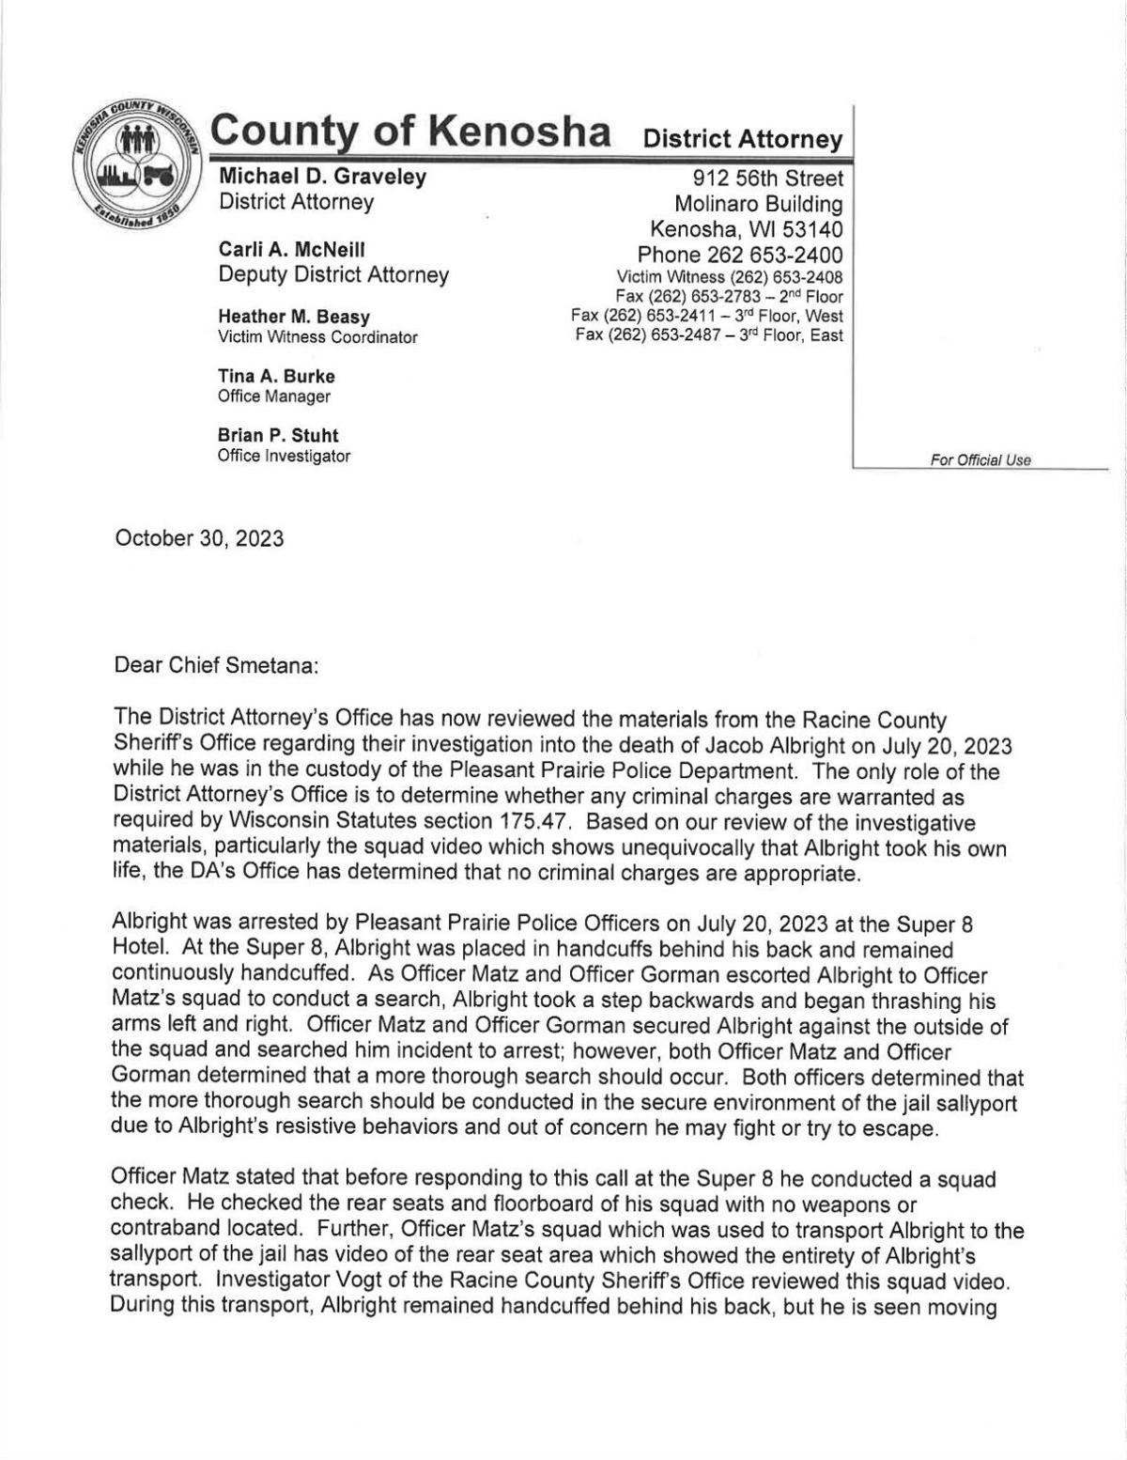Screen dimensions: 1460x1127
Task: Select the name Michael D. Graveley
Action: (x=322, y=176)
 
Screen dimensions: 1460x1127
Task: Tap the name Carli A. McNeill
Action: (x=291, y=249)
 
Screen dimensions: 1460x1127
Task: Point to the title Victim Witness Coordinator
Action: (x=317, y=336)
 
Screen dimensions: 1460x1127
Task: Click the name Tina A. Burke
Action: (x=276, y=376)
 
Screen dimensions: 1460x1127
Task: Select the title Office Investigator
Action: (x=284, y=456)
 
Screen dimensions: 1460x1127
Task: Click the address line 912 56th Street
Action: (x=767, y=179)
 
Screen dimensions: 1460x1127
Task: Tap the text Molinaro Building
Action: (x=758, y=204)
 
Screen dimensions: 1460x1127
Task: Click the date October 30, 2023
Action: (x=199, y=538)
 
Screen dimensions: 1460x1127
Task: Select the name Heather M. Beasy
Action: (x=294, y=317)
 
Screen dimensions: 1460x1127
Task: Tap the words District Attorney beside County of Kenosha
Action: (x=742, y=139)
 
